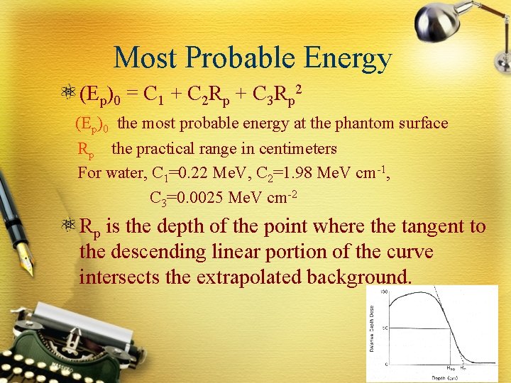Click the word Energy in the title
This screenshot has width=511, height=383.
[x=350, y=58]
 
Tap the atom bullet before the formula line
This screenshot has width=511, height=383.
[x=69, y=94]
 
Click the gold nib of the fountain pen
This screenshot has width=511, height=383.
[x=24, y=262]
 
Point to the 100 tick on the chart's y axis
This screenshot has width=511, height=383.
[x=383, y=292]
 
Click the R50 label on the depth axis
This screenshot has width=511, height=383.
[x=450, y=368]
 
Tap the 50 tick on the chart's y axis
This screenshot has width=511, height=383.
[x=384, y=328]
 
